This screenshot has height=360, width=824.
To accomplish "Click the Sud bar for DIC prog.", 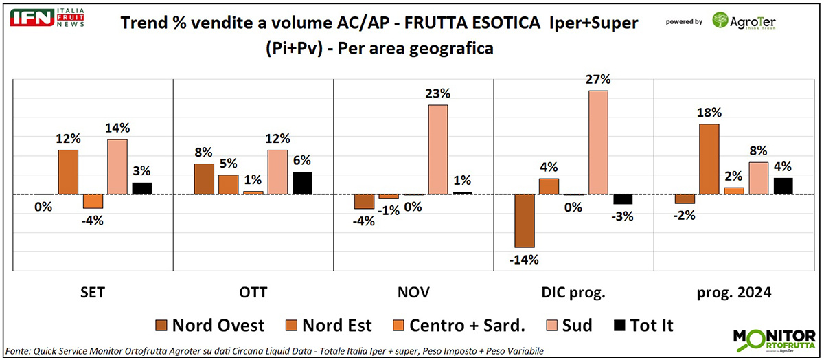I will (x=598, y=142).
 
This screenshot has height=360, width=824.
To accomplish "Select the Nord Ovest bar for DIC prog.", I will (x=525, y=221).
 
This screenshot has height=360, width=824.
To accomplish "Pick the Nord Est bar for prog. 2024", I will (x=710, y=159).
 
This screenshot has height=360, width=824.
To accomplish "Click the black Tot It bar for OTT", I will (x=302, y=183).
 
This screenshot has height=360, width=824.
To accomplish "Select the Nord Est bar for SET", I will (x=68, y=172).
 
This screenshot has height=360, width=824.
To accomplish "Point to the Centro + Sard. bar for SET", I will (x=93, y=201).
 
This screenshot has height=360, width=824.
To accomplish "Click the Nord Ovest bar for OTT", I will (x=204, y=179).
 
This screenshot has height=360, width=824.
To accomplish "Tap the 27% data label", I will (x=598, y=79).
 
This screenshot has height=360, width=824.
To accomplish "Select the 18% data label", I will (x=710, y=113).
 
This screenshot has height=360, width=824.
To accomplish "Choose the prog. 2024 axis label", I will (x=734, y=292).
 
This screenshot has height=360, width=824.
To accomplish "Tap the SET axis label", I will (x=92, y=292).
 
